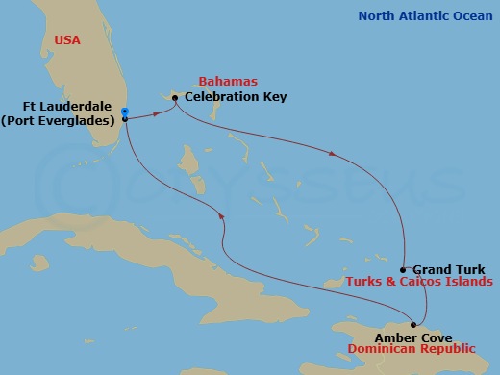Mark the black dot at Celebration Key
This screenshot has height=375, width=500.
click(x=175, y=97)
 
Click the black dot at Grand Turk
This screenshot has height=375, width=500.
click(x=402, y=270)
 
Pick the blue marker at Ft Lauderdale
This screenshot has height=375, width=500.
click(x=125, y=112)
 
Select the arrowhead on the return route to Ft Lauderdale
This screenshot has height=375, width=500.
click(x=223, y=216)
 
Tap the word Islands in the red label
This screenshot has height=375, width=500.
click(x=465, y=282)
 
